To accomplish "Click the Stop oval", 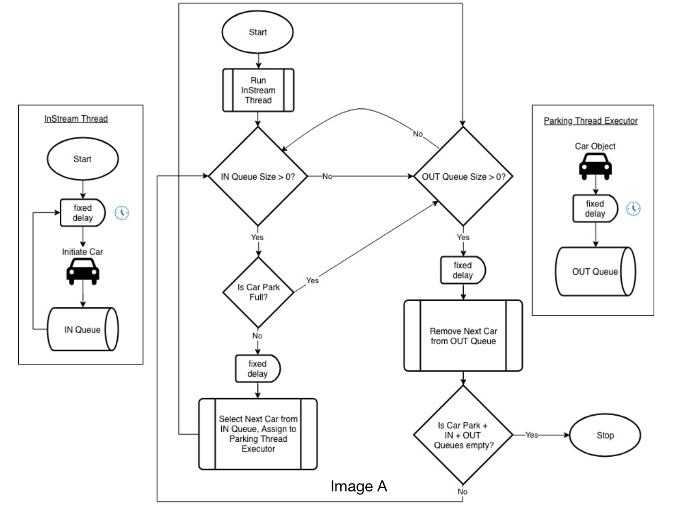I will pyautogui.click(x=605, y=435).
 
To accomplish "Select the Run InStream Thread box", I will pyautogui.click(x=258, y=90).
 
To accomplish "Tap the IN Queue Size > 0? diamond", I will pyautogui.click(x=258, y=176).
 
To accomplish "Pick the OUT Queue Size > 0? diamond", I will pyautogui.click(x=463, y=176).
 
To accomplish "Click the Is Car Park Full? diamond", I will pyautogui.click(x=258, y=292).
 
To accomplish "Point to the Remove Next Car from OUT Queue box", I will pyautogui.click(x=463, y=336).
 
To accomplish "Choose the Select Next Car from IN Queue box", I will pyautogui.click(x=258, y=434).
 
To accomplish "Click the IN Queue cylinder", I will pyautogui.click(x=83, y=329).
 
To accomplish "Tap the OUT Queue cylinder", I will pyautogui.click(x=595, y=272).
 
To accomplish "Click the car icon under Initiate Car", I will pyautogui.click(x=83, y=272).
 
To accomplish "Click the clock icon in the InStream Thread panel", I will pyautogui.click(x=122, y=213).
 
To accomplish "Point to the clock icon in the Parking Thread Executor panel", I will pyautogui.click(x=633, y=209).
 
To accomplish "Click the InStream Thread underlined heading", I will pyautogui.click(x=76, y=118).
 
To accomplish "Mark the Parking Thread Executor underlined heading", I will pyautogui.click(x=590, y=121).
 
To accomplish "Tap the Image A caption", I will pyautogui.click(x=358, y=486).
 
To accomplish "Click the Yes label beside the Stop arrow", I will pyautogui.click(x=532, y=435).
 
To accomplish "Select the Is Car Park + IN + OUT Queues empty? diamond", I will pyautogui.click(x=463, y=435).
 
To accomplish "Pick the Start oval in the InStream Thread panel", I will pyautogui.click(x=83, y=159).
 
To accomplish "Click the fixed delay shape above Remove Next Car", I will pyautogui.click(x=462, y=270).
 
